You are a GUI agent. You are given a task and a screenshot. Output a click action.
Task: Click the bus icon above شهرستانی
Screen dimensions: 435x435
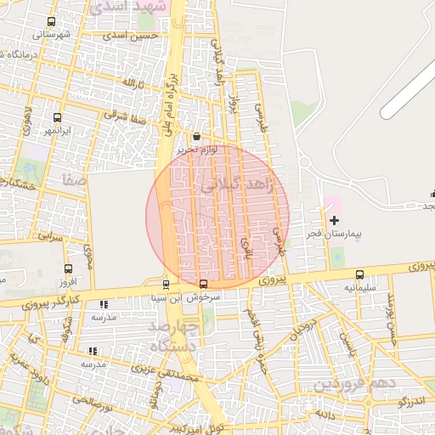[x=52, y=22]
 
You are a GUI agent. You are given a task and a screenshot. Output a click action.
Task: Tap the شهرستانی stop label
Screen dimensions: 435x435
[x=52, y=35]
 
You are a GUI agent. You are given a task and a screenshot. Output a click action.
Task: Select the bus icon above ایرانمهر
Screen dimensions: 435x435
[x=57, y=118]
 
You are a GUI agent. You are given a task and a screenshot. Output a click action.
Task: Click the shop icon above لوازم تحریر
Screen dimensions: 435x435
[x=197, y=137]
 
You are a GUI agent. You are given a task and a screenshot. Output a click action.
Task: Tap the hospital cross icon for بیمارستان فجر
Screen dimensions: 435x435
[x=334, y=220]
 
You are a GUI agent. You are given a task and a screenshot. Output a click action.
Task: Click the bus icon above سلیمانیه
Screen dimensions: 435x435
[x=359, y=274]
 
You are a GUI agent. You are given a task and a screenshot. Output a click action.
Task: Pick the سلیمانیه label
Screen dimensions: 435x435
[x=359, y=287]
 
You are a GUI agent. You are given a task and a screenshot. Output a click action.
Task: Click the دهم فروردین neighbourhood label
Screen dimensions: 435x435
[x=353, y=384]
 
